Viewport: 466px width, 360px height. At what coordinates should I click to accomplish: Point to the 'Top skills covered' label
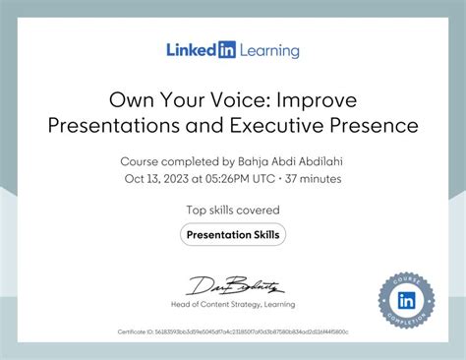click(233, 210)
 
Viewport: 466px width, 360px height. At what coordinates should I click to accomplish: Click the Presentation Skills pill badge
click(233, 234)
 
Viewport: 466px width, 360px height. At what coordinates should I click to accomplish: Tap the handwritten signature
click(232, 285)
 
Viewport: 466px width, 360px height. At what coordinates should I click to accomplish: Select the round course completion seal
click(406, 299)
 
